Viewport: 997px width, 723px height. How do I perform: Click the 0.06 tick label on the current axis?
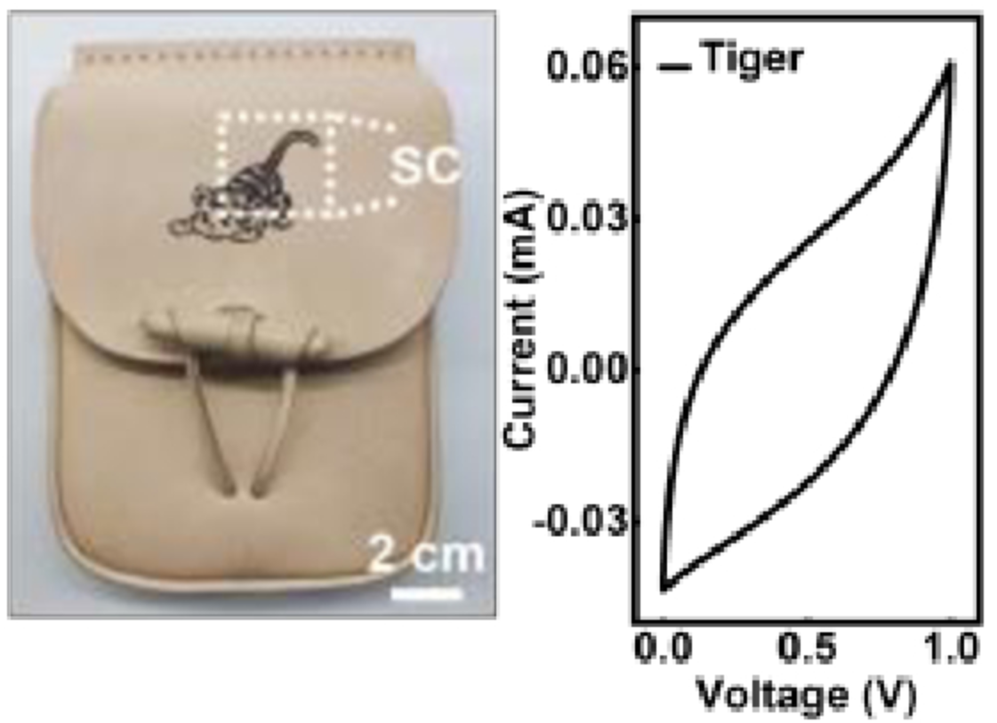coord(583,68)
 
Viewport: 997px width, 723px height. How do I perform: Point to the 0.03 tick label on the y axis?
coord(583,219)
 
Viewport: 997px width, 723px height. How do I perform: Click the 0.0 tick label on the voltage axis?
coord(664,648)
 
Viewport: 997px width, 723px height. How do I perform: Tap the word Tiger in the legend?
coord(752,60)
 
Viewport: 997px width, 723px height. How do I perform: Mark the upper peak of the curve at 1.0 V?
coord(951,63)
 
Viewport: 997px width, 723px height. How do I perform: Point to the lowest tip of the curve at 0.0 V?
coord(663,588)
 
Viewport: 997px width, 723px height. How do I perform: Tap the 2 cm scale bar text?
coord(427,556)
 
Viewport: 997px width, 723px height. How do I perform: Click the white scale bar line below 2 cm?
coord(428,590)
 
